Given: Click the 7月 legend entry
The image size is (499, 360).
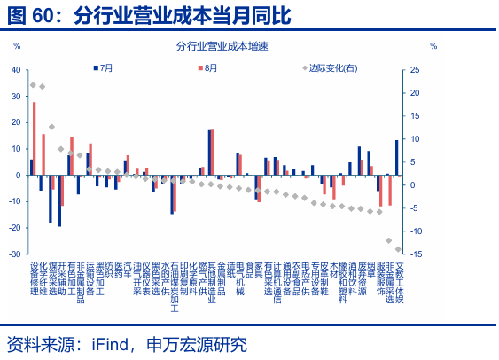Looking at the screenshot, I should (105, 67).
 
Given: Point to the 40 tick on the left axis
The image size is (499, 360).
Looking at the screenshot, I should (16, 70).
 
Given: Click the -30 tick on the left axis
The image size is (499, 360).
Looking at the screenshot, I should (15, 254).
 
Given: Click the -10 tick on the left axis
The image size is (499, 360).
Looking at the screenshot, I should (15, 201).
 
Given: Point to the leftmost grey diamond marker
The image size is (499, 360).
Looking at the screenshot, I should (33, 85).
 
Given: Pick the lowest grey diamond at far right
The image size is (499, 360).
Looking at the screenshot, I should (398, 249).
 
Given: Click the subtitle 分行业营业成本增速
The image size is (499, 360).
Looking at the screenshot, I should (222, 45).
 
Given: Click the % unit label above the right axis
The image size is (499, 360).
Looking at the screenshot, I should (433, 45).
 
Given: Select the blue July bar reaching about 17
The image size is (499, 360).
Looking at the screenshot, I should (209, 153).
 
